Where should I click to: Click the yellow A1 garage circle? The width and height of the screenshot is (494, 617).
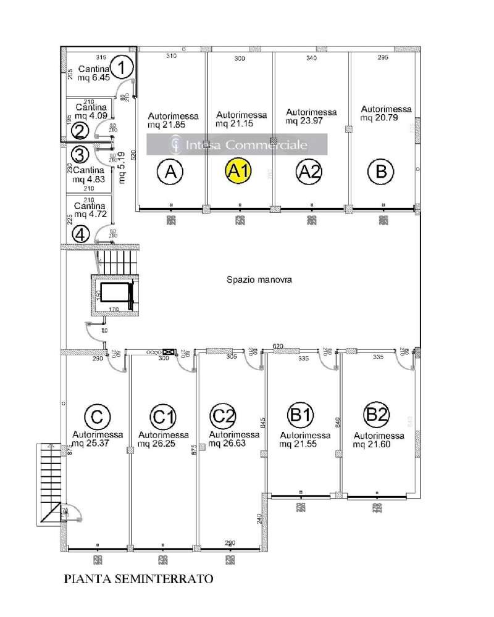coord(238,171)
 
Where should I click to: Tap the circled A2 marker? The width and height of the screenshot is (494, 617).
coord(309,171)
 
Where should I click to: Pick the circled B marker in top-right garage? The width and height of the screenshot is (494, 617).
coord(380,171)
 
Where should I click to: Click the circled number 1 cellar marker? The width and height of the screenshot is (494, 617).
coord(124,67)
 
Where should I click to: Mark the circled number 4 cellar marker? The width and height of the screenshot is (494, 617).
coord(80,234)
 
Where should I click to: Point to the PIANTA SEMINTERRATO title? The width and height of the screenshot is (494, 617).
coord(139,579)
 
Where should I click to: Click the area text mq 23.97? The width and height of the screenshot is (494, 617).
coord(311,121)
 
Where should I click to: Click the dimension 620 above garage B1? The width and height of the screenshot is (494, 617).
coord(278,347)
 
